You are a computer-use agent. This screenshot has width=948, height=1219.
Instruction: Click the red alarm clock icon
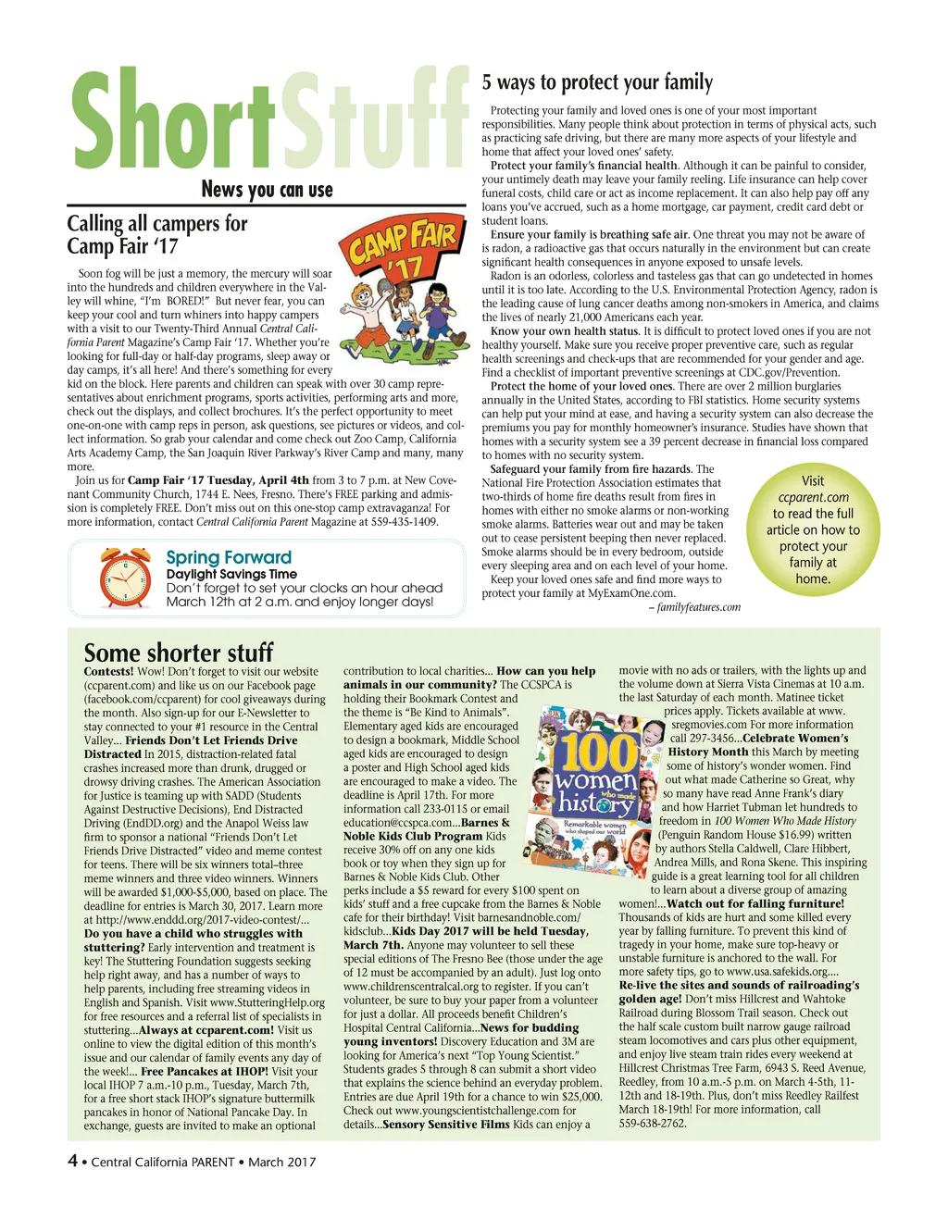click(126, 578)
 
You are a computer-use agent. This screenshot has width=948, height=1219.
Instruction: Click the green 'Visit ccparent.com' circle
click(813, 529)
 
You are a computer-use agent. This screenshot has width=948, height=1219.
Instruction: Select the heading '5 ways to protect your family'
click(597, 82)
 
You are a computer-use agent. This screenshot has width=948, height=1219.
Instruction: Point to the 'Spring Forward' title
click(229, 557)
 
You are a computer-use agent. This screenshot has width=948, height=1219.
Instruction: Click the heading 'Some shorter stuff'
click(179, 652)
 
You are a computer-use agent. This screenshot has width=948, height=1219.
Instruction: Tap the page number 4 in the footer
click(72, 1161)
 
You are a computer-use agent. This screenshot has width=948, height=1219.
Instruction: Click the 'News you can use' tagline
click(267, 190)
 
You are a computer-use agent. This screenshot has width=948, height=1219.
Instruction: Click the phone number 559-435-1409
click(405, 522)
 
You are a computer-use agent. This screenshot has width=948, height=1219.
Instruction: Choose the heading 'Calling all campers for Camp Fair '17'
click(157, 234)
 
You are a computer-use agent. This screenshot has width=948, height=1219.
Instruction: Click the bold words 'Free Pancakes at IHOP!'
click(205, 1071)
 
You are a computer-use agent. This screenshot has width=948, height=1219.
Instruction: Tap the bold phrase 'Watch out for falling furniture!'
click(755, 903)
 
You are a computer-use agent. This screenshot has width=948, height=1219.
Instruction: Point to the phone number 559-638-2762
click(653, 1123)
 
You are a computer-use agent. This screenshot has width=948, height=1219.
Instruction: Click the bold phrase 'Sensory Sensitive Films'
click(445, 1124)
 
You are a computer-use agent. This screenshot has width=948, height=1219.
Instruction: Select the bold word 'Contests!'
click(109, 671)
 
